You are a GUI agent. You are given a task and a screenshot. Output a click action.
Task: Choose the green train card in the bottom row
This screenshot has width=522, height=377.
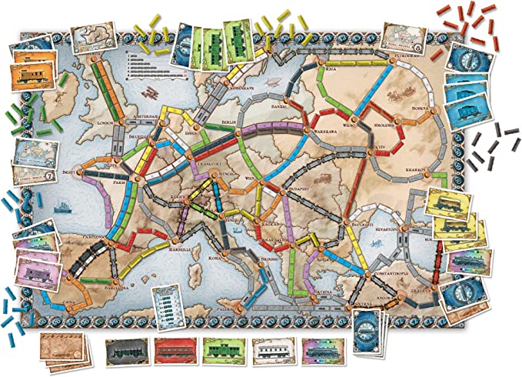point(222,351)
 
